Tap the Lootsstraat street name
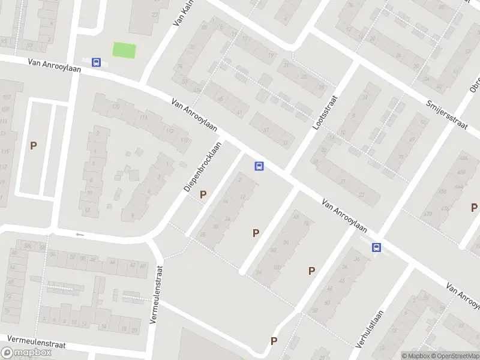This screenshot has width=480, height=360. tap(326, 113)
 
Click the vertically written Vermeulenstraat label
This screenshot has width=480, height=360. tap(155, 295)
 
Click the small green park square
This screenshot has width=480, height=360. tap(124, 50)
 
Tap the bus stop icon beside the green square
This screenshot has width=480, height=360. tap(95, 62)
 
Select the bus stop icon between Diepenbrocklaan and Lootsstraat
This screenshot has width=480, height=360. tap(259, 166)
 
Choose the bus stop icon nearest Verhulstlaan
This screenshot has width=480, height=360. tap(376, 247)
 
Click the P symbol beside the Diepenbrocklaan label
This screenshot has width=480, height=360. tap(203, 194)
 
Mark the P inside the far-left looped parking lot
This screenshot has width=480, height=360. tap(34, 145)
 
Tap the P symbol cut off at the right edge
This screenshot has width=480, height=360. tap(474, 208)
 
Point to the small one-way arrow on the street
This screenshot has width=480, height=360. tap(78, 235)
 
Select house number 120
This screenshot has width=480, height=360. tap(116, 107)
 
